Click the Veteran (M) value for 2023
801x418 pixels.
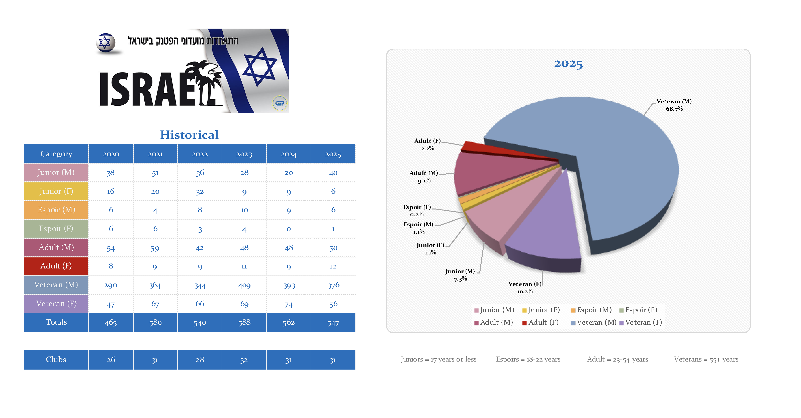pos(244,285)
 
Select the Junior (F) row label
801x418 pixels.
pos(56,191)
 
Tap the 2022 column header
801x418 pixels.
pos(200,154)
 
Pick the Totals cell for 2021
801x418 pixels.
pos(155,322)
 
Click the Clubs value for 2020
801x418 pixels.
pos(111,360)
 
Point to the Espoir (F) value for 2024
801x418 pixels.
pos(289,229)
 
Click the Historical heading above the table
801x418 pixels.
pos(189,135)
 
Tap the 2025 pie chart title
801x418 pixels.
pos(568,64)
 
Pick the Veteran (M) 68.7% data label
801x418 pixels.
pos(674,105)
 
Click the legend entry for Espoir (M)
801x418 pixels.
pos(591,310)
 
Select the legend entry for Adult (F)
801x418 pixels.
pos(541,322)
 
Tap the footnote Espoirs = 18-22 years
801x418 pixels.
pos(528,360)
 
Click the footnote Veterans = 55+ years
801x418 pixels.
pos(706,360)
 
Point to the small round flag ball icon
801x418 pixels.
pos(106,43)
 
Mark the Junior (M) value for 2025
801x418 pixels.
pos(333,173)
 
